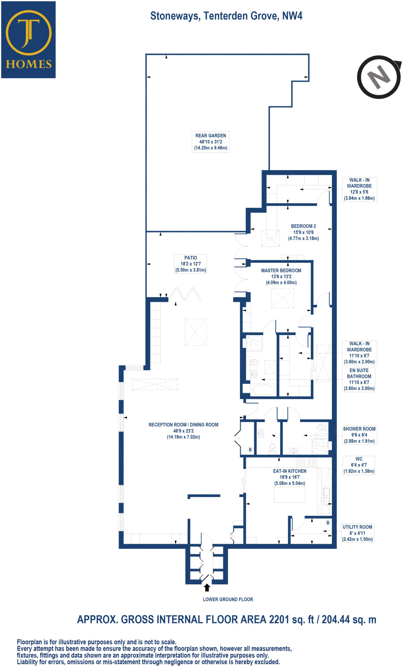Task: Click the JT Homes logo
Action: pos(28,40)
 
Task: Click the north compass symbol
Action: pos(379,77)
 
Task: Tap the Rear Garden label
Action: pos(210,142)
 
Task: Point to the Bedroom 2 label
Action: pos(303,232)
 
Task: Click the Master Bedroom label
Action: pos(281,277)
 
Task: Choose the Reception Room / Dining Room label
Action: pos(183,431)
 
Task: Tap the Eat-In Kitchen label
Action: pos(290,477)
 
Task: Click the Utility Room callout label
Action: pos(357,533)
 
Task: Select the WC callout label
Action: pos(359,465)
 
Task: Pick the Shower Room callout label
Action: pos(359,435)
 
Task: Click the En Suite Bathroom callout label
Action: pos(359,379)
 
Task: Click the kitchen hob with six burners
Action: pos(306,462)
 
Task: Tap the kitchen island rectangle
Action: pos(289,495)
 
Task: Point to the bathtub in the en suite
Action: pos(264,390)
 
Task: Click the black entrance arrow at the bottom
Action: pos(207,587)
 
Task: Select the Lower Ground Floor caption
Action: pos(228,599)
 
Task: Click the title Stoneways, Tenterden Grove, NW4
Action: pos(226,16)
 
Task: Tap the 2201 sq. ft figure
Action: pos(291,619)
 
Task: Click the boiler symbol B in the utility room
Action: pos(328,522)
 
